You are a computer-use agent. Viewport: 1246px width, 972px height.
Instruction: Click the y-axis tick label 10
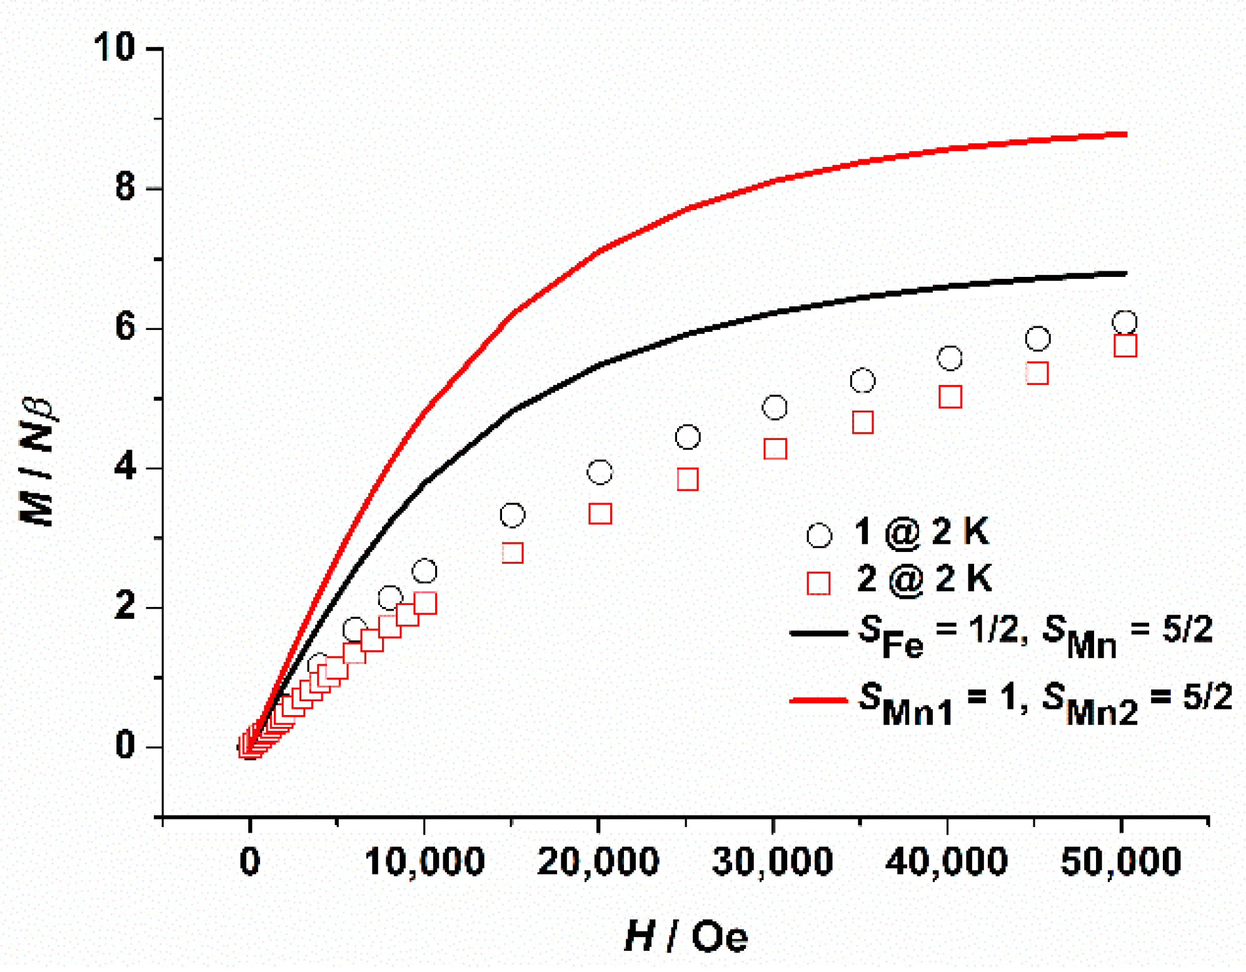pos(114,47)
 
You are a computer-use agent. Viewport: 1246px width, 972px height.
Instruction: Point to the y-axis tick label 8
pos(126,187)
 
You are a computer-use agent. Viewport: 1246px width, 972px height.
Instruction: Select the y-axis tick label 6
pos(126,327)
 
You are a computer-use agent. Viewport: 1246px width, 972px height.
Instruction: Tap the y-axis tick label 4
pos(126,467)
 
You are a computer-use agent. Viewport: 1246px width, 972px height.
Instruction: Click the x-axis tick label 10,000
pos(424,862)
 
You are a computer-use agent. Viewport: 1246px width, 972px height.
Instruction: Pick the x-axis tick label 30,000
pos(773,862)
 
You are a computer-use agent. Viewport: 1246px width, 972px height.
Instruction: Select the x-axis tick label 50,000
pos(1121,862)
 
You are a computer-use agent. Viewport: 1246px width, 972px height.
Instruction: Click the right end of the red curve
pos(1125,134)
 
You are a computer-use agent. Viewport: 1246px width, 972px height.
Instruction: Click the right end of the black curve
pos(1125,274)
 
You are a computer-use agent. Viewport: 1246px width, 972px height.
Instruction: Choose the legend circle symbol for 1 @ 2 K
pos(819,536)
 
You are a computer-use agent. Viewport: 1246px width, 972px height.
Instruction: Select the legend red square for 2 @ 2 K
pos(818,583)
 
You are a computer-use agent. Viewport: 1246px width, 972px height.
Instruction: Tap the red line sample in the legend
pos(818,700)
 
